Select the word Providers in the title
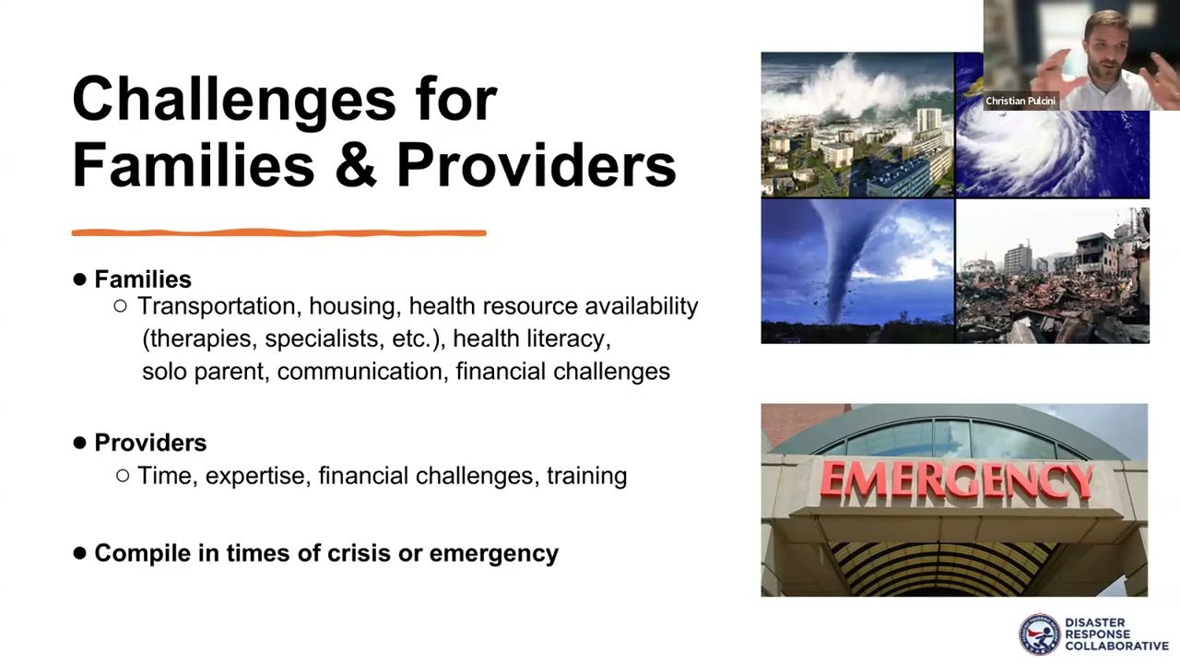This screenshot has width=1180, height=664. point(536,166)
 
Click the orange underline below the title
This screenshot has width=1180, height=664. point(278,232)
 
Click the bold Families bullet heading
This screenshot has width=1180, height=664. point(143,279)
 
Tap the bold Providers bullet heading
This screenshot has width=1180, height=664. point(150,443)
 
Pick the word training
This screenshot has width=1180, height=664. point(586,476)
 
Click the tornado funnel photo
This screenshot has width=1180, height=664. point(857,272)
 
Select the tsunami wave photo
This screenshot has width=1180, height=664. point(857,125)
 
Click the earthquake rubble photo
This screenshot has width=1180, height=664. point(1052,275)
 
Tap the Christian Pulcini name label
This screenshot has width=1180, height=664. point(1020,101)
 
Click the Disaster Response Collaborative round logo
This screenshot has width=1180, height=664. point(1040,634)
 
